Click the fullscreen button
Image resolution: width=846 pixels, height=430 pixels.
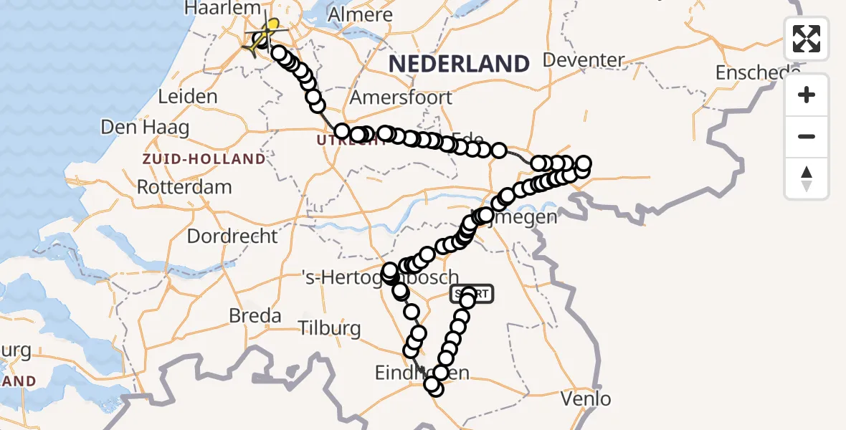coord(807,39)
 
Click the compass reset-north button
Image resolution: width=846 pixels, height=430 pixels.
coord(807,178)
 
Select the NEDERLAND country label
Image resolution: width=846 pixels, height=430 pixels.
coord(459,64)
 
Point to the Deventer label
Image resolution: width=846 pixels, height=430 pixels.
coord(585,59)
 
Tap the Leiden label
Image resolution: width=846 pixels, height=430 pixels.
coord(188,97)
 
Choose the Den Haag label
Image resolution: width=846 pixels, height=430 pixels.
coord(145,128)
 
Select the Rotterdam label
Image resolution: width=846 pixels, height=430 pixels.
coord(184,188)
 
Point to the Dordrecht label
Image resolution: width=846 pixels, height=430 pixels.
coord(232,236)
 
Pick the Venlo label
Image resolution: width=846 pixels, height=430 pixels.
coord(587,398)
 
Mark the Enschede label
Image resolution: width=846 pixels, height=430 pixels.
coord(757,72)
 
